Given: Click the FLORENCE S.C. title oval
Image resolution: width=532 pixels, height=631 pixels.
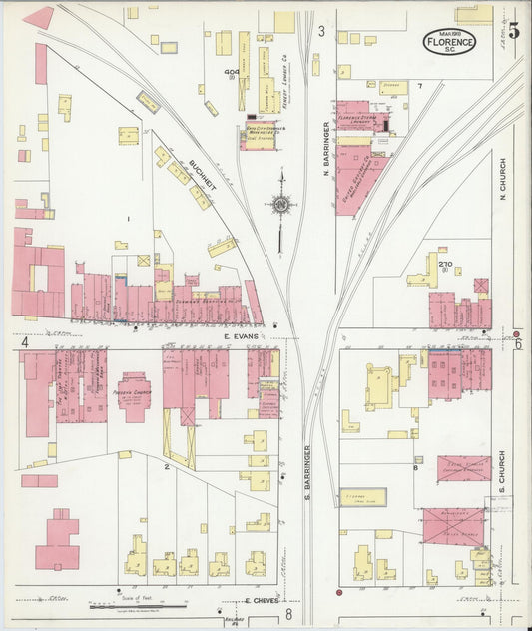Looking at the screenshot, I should pos(449,41).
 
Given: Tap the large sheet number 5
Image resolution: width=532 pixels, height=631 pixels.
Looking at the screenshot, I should pos(512,29).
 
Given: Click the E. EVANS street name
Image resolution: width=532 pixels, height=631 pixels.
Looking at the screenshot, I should pos(241,337).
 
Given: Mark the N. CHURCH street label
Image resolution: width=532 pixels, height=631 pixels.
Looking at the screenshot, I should pos(503,180).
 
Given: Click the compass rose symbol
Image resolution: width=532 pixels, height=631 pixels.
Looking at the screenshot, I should pos(281,206).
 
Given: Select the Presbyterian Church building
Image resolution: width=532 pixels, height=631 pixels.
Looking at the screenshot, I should pos(135,392).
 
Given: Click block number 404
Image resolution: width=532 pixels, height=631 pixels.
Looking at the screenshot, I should pos(232,73).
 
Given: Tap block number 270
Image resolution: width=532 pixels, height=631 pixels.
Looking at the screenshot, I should pos(445,264).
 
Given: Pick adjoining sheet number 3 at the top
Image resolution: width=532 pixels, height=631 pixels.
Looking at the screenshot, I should pos(321,32).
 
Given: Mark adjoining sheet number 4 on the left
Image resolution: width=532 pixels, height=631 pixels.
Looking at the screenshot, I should pos(23,342).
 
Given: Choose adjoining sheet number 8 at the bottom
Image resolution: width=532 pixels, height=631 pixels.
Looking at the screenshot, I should pos(287,613).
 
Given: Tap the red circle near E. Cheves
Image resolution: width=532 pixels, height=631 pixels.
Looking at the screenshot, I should pos(340,593).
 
